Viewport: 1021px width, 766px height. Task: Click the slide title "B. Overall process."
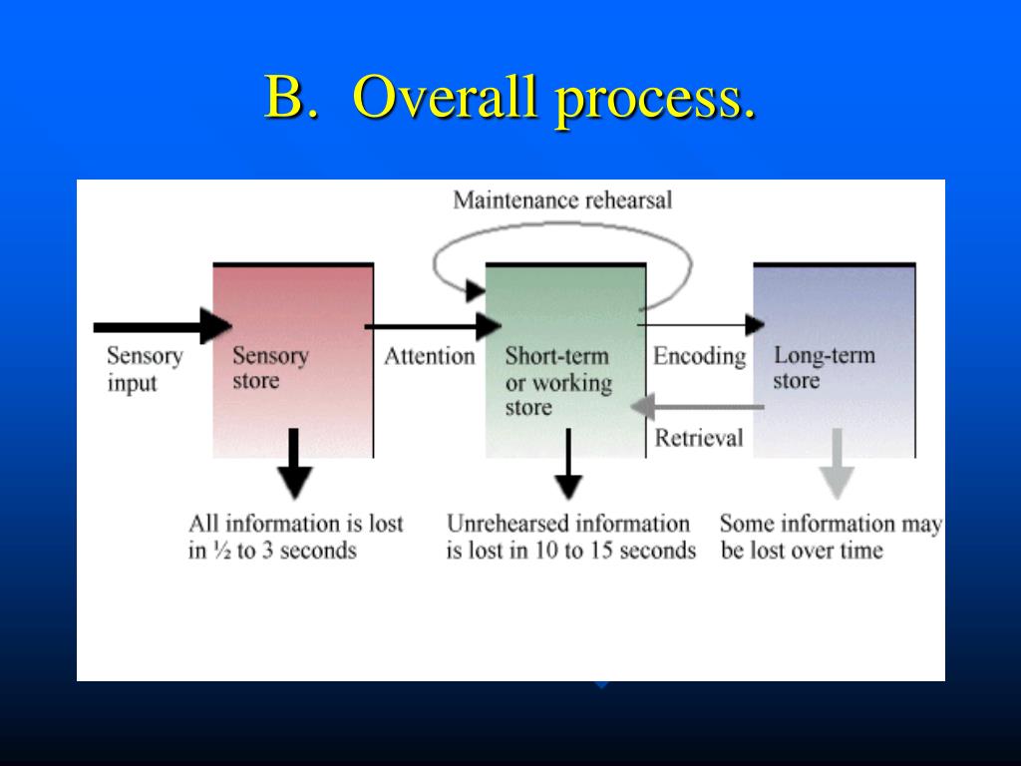coord(510,99)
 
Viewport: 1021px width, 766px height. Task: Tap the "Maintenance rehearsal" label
coord(562,199)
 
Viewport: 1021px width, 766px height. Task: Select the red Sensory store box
coord(293,399)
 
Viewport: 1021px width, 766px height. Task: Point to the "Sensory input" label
coord(144,369)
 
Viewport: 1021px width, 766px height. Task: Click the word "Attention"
coord(429,356)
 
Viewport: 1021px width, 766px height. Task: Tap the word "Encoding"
coord(699,356)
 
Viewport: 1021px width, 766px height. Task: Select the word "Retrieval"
coord(698,437)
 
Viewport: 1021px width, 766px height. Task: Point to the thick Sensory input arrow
coord(160,326)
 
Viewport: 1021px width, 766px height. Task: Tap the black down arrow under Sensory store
coord(293,464)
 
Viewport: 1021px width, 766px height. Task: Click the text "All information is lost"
coord(295,523)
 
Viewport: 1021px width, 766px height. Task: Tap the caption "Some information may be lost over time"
coord(830,536)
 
